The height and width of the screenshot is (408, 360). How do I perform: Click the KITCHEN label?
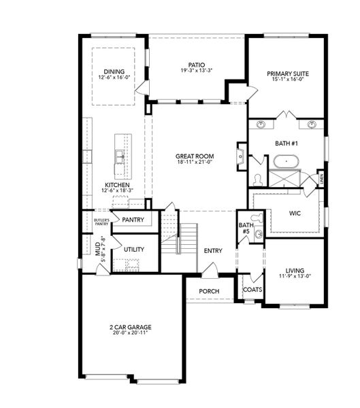point(117,184)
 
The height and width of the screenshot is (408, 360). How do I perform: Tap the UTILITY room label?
point(133,250)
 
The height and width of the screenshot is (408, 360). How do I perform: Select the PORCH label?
point(208,291)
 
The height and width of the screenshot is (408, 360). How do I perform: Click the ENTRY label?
point(213,251)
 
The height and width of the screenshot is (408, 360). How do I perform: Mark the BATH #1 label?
point(287,143)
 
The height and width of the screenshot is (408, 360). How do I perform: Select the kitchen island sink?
point(120,158)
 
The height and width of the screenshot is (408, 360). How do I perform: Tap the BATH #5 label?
point(246,228)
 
